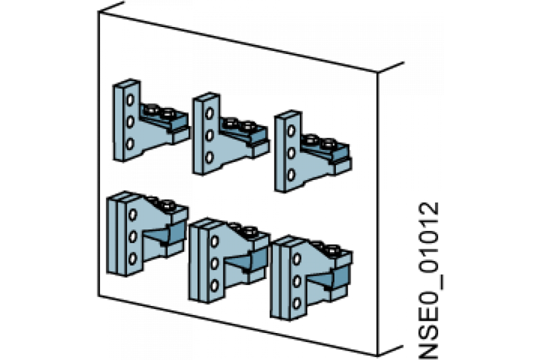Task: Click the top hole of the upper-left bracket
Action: tap(130, 100)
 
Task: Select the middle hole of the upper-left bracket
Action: tap(130, 122)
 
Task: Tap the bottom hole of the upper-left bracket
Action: tap(130, 143)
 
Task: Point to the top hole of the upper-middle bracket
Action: tap(209, 114)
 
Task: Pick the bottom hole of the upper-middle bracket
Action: tap(209, 158)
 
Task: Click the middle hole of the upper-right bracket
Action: tap(291, 152)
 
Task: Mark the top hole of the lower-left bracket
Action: tap(133, 215)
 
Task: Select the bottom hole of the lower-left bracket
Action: tap(133, 258)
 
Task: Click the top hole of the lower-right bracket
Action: tap(296, 258)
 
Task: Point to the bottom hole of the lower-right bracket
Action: tap(296, 303)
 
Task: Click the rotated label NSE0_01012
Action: tap(429, 281)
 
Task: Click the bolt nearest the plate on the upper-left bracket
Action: tap(151, 110)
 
